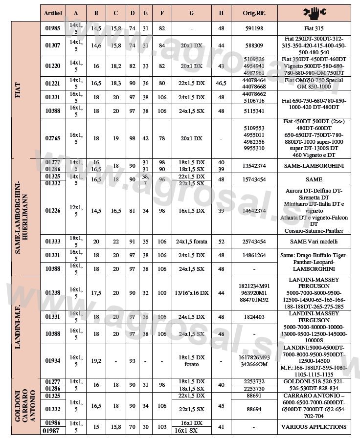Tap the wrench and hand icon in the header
(x=315, y=13)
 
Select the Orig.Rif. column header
(x=253, y=13)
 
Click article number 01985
(x=53, y=29)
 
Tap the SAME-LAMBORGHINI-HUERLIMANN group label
(x=22, y=217)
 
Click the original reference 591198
(x=253, y=29)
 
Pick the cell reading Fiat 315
(x=314, y=29)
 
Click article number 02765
(x=53, y=138)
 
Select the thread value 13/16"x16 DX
(x=191, y=293)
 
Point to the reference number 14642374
(x=253, y=211)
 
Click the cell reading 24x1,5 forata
(x=191, y=242)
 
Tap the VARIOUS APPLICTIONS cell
(x=314, y=427)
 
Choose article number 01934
(x=53, y=361)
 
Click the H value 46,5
(x=221, y=83)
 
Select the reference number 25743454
(x=253, y=242)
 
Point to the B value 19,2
(x=96, y=361)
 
